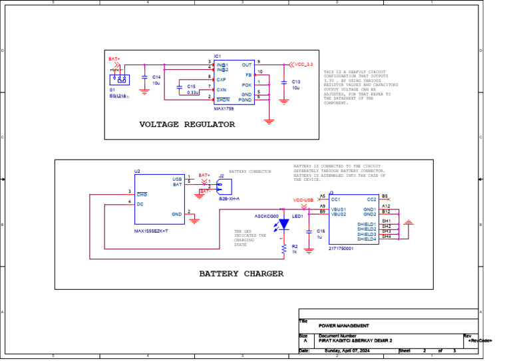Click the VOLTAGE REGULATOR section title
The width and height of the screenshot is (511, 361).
click(186, 124)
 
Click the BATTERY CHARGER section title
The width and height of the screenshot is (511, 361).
click(241, 273)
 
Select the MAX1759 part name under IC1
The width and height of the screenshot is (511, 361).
click(224, 108)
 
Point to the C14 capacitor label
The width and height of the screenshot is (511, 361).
click(156, 77)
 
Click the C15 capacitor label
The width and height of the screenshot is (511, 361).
click(192, 86)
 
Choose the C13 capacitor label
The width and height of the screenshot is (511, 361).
click(296, 81)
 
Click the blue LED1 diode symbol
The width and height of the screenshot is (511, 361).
click(284, 225)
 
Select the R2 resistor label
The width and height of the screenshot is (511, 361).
click(295, 246)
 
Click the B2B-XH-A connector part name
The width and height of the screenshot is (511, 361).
click(229, 198)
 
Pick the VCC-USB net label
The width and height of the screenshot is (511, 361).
click(303, 199)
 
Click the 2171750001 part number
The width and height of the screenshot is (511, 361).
click(341, 248)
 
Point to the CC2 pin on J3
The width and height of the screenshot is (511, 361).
click(371, 199)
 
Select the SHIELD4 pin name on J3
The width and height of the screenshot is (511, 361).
click(367, 239)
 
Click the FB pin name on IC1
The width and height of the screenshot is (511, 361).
click(248, 75)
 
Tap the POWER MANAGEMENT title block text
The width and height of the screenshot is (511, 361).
click(343, 326)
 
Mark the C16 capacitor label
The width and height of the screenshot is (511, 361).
click(321, 231)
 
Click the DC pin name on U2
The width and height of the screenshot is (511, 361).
click(140, 204)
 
